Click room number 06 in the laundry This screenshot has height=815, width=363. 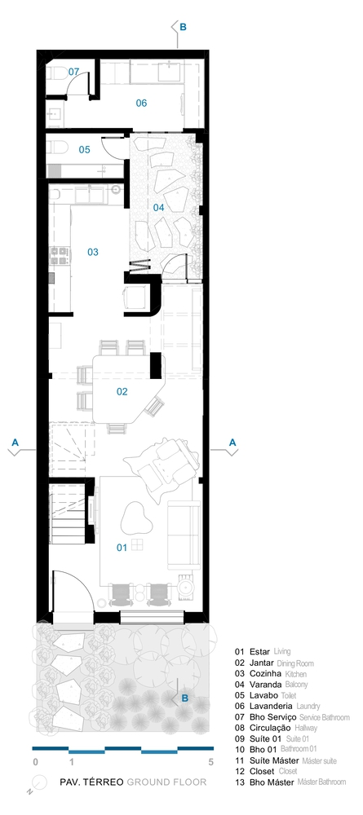141,103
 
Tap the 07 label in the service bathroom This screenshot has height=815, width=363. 73,72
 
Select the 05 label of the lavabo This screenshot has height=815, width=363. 84,150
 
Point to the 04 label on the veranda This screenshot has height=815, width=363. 158,207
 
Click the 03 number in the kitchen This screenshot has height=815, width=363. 92,252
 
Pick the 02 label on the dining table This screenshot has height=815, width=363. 122,391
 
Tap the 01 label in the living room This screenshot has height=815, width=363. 122,548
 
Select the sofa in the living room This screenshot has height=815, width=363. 184,535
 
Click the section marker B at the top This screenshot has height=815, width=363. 183,27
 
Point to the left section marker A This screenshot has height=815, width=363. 15,442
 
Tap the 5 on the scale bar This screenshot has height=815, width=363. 210,763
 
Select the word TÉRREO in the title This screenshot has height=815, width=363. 106,782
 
